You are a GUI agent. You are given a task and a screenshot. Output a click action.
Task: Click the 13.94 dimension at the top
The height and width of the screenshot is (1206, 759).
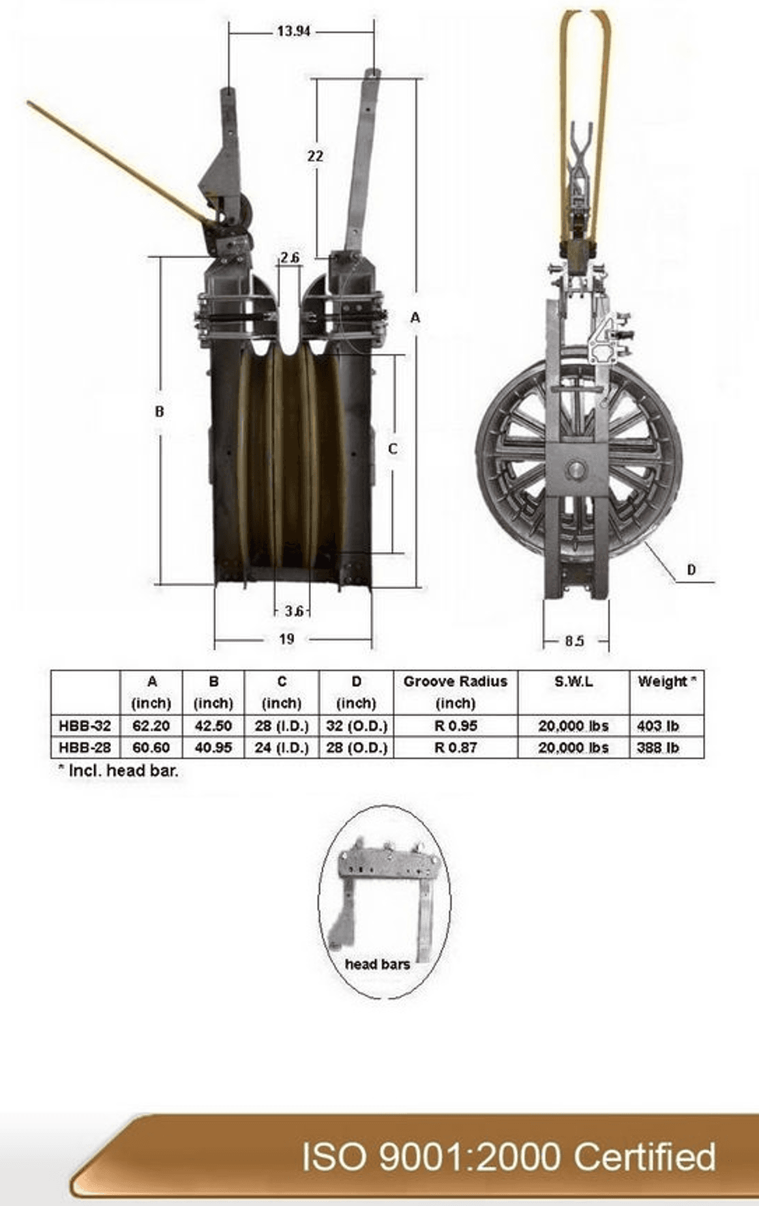293,31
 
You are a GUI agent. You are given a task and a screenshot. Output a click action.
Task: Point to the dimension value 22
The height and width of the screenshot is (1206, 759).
315,156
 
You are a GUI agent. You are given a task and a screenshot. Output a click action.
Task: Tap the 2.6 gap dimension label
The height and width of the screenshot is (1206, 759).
291,258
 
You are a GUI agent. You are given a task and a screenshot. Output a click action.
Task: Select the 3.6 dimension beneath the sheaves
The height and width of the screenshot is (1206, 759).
294,611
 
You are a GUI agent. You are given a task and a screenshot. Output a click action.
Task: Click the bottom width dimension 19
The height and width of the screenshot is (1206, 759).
286,639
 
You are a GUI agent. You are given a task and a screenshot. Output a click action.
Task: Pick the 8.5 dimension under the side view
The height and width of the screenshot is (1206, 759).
574,641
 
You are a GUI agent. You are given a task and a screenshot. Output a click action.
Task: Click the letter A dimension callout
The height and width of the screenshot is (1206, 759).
415,318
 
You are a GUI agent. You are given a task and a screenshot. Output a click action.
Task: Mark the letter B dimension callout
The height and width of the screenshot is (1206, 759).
159,412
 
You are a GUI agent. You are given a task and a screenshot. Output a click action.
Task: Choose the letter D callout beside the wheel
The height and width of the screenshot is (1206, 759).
691,569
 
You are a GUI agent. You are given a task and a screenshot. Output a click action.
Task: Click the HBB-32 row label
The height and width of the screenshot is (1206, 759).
85,726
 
